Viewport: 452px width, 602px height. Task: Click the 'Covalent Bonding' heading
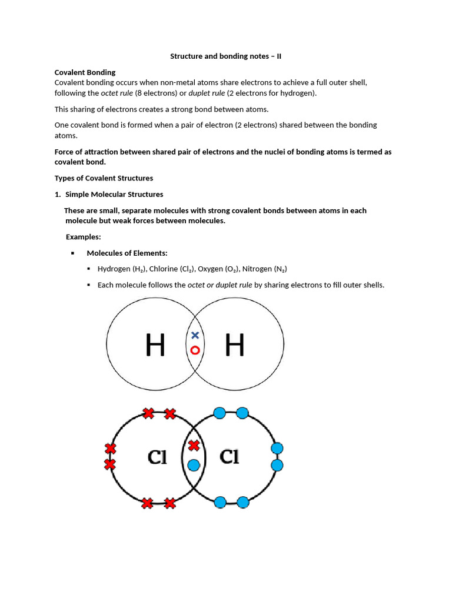coord(85,72)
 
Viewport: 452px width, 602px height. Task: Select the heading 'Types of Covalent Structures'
coord(104,178)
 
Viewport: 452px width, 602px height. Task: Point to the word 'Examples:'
coord(83,237)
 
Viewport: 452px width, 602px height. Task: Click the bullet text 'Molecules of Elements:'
coord(127,253)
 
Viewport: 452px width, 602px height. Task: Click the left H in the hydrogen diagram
coord(155,346)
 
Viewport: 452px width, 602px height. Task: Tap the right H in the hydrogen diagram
coord(234,346)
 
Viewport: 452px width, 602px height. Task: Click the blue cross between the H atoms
coord(195,335)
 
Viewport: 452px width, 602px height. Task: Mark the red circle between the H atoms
coord(195,350)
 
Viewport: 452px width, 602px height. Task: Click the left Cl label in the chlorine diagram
coord(157,457)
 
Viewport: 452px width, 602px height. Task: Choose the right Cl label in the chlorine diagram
coord(229,457)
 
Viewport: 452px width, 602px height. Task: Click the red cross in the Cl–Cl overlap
coord(194,446)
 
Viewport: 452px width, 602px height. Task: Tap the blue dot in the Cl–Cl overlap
coord(194,465)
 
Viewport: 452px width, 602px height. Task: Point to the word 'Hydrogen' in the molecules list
coord(113,269)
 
